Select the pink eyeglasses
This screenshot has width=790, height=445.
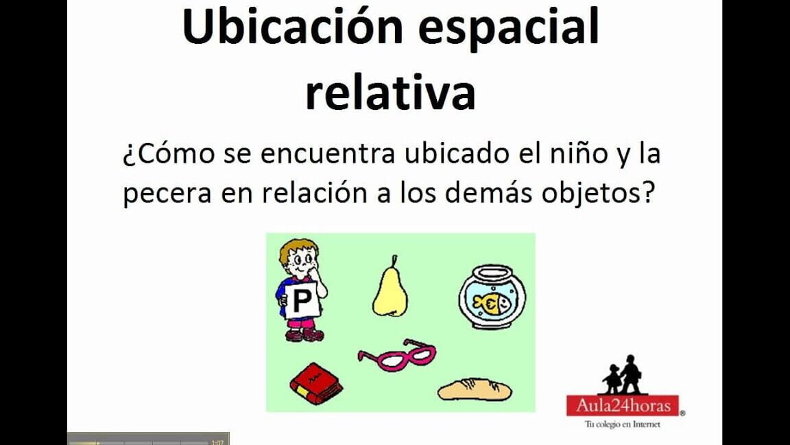(x=397, y=355)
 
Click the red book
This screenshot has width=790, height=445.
(x=315, y=384)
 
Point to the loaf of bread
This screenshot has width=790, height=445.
(x=475, y=389)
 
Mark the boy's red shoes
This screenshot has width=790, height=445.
(x=304, y=335)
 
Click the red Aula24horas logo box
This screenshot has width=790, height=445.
(x=623, y=405)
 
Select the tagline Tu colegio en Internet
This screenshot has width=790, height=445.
(x=622, y=424)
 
